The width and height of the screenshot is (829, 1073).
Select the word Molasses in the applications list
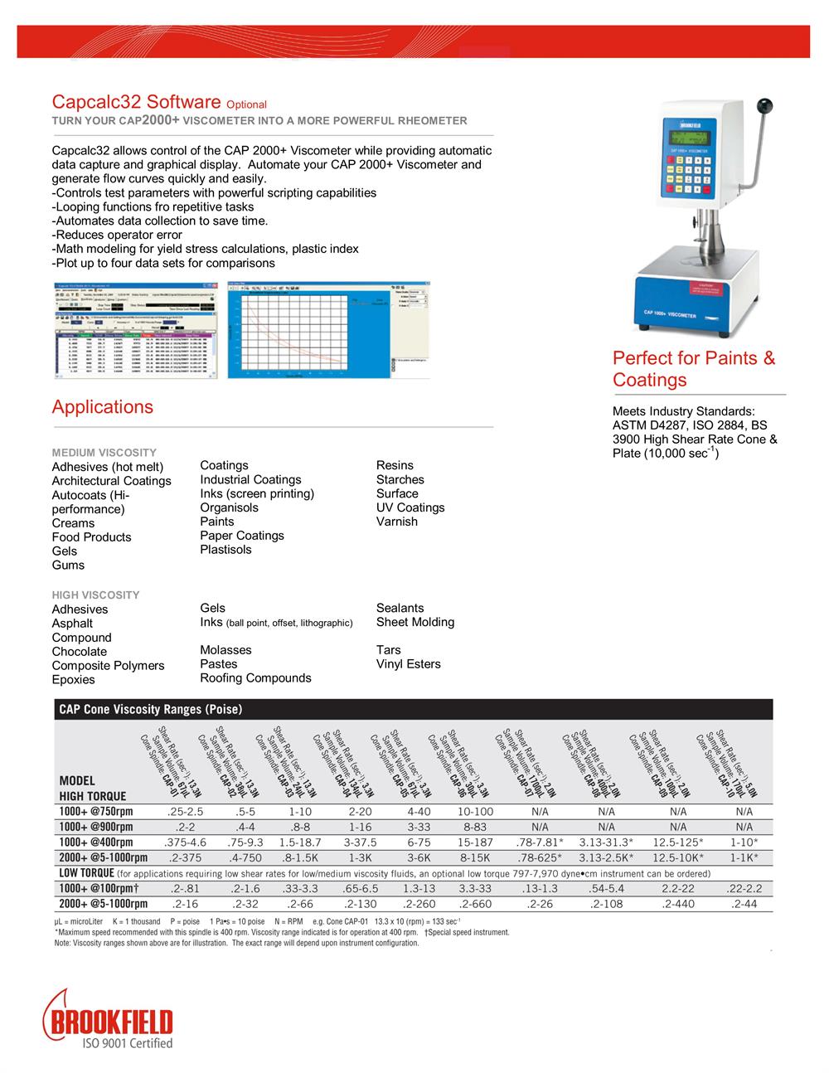tap(225, 650)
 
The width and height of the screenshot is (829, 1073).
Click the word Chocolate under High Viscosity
tap(80, 652)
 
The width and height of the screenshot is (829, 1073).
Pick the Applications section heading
tap(103, 407)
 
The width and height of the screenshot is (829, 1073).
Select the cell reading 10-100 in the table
tap(475, 812)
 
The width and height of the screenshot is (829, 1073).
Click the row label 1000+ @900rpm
tap(95, 827)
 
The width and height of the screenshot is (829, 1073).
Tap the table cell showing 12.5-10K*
tap(678, 857)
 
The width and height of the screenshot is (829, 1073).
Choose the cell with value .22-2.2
tap(744, 888)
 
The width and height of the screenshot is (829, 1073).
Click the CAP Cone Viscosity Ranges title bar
tap(150, 710)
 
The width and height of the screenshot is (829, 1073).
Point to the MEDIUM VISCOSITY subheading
tap(104, 453)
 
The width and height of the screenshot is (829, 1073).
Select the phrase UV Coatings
tap(410, 507)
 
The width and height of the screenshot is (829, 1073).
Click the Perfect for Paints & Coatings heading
tap(694, 369)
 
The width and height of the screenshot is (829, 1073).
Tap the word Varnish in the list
tap(397, 522)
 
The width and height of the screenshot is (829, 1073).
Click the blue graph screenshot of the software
tap(330, 330)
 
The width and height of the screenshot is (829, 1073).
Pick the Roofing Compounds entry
tap(255, 678)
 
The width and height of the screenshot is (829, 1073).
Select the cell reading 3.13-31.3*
tap(606, 842)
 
